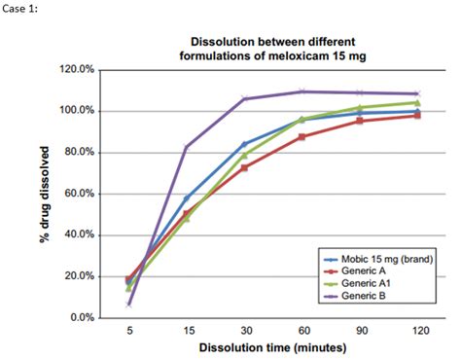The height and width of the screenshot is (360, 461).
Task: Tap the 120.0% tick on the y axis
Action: pos(77,69)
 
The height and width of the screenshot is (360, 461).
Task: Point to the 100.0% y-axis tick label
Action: pos(77,111)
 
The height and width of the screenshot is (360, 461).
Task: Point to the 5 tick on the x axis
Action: pos(129,331)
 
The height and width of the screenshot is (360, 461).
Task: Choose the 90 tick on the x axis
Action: pos(359,331)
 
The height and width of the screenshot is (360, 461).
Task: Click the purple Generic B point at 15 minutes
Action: pos(187,147)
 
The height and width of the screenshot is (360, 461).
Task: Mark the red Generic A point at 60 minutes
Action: pos(301,136)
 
